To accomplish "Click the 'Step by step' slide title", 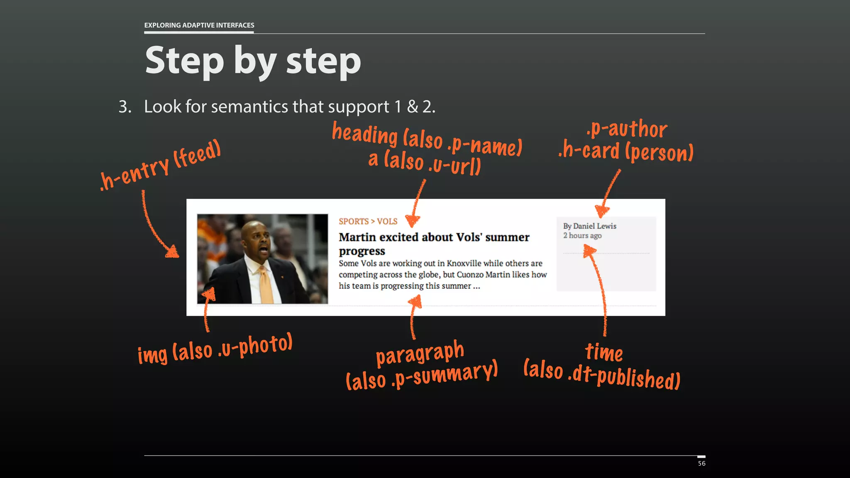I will tap(253, 61).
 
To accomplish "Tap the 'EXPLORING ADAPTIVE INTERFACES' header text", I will tap(199, 25).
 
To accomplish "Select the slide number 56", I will tap(701, 463).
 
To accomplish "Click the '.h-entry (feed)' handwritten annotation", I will tap(161, 166).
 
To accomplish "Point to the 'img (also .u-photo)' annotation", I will tap(215, 349).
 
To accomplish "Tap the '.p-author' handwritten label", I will tap(627, 129).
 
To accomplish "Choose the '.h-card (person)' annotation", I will tap(626, 151).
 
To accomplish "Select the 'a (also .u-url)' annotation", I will tap(425, 162).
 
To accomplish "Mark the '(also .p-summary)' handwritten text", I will tap(422, 376).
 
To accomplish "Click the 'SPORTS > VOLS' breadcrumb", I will tap(368, 222).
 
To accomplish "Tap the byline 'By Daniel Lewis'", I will tap(589, 226).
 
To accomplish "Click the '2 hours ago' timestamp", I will tap(582, 236).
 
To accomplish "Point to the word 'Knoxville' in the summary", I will tap(464, 263).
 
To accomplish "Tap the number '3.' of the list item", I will tap(125, 107).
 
